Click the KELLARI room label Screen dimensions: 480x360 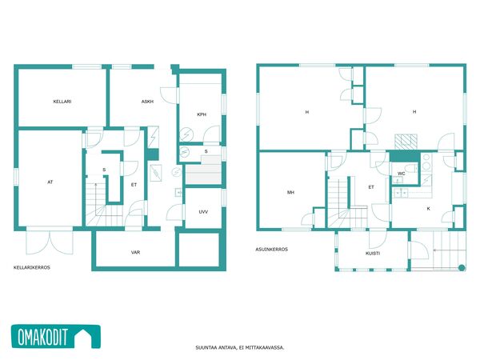click(62, 102)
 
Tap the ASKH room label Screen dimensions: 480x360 click(147, 102)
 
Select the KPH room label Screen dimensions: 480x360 click(202, 114)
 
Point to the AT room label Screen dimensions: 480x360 click(50, 182)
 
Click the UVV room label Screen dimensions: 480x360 click(203, 211)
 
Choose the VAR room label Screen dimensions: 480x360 click(136, 252)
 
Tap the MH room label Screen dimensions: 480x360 click(290, 192)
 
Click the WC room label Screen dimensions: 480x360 click(401, 174)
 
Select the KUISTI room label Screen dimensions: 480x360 click(373, 253)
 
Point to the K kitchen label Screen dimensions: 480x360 click(428, 209)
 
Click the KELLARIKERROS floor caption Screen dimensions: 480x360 click(32, 267)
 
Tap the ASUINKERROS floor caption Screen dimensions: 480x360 click(271, 249)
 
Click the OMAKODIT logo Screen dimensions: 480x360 click(56, 337)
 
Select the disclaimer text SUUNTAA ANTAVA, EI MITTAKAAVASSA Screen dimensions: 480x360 click(240, 347)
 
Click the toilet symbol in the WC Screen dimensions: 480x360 click(411, 168)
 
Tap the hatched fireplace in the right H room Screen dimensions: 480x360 click(406, 142)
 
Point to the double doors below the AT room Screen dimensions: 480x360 click(50, 242)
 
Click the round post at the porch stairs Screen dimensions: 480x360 click(462, 267)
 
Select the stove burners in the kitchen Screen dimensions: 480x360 click(426, 162)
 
